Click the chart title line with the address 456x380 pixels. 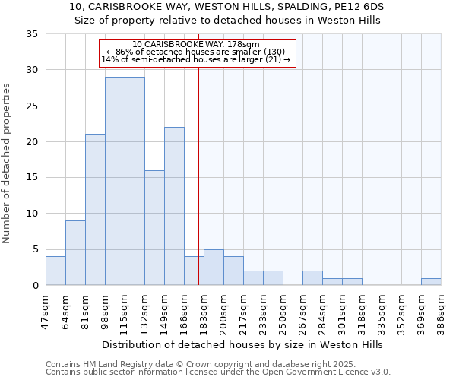pos(227,7)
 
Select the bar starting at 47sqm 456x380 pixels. pos(55,271)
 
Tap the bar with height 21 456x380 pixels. pos(95,210)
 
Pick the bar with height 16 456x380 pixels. pos(154,228)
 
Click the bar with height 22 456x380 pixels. pos(174,206)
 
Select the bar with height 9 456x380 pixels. pos(75,253)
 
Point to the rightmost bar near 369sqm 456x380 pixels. pos(431,282)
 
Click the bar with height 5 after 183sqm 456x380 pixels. pos(214,268)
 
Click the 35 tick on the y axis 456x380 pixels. pos(32,34)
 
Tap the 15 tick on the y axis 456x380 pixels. pos(32,178)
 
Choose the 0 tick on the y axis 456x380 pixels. pos(35,285)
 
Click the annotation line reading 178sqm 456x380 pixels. pos(196,44)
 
